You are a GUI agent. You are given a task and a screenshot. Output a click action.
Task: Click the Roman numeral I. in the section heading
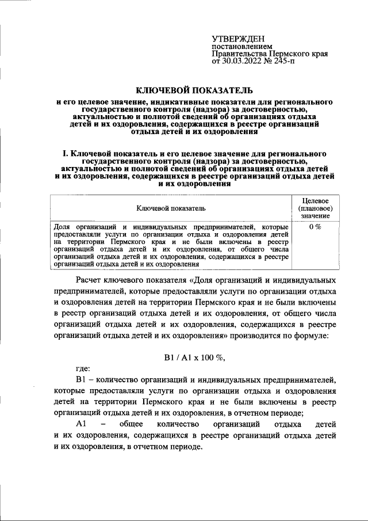[65, 154]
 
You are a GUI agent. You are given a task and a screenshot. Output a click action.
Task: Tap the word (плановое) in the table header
[315, 208]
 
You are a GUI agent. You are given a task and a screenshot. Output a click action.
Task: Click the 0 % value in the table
[315, 227]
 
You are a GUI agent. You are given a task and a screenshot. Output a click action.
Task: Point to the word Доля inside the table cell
[61, 227]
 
